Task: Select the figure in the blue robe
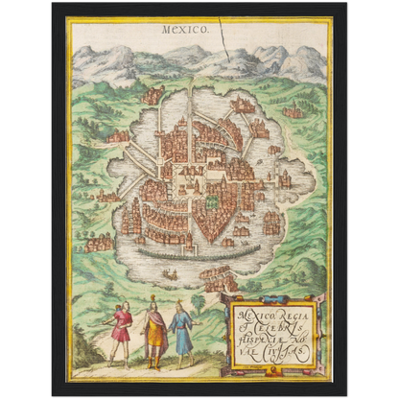point(180,331)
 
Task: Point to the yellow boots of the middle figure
point(153,362)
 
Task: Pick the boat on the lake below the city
point(170,274)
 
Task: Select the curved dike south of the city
point(192,253)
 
